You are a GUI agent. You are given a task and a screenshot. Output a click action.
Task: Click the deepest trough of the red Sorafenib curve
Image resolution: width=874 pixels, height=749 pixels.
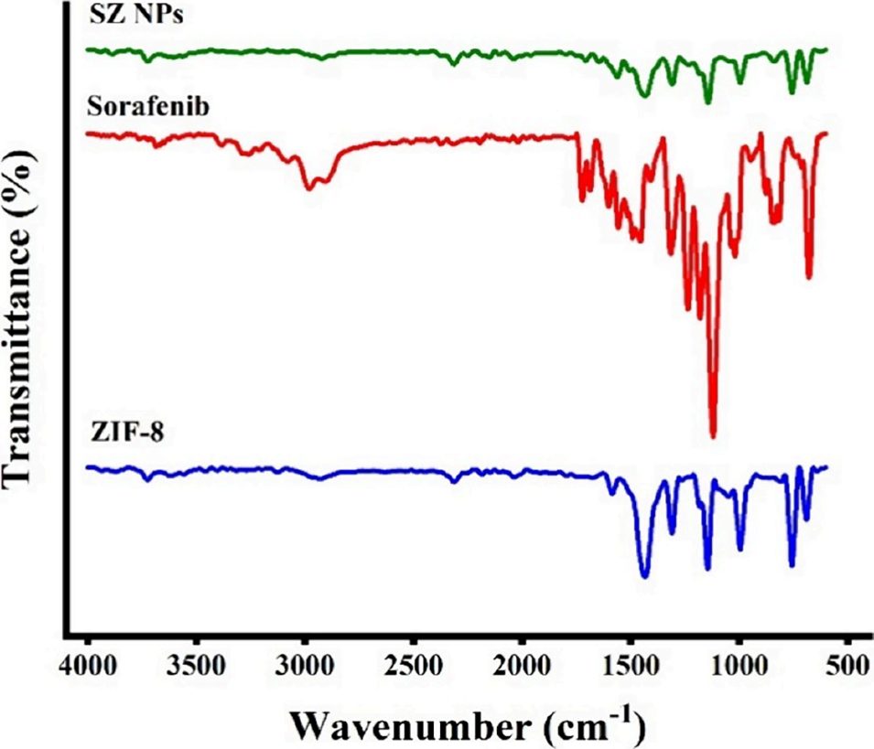713,435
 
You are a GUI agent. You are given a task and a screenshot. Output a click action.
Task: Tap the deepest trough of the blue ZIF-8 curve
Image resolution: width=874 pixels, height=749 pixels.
644,576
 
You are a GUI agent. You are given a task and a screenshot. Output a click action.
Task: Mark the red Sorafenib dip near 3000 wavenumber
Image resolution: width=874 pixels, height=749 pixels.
310,187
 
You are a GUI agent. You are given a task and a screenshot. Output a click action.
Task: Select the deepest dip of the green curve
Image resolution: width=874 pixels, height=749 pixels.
707,102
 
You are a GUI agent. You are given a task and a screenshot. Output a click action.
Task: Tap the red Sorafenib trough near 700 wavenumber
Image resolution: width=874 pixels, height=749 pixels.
809,277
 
